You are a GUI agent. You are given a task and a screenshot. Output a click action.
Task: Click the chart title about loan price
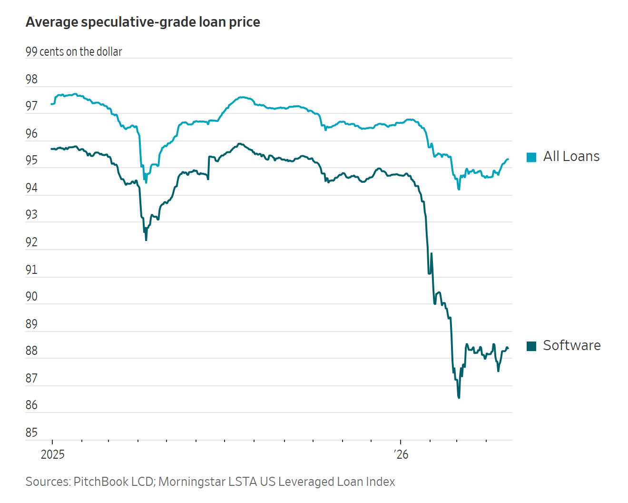pos(143,22)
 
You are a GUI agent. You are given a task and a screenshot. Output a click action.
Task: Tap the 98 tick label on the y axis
pos(31,79)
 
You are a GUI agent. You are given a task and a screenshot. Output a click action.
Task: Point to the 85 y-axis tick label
pos(31,433)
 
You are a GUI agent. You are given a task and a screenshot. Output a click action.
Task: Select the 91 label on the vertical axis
pos(31,270)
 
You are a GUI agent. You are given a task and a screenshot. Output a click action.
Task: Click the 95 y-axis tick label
pos(31,161)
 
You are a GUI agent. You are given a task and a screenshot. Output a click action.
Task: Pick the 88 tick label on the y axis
pos(31,351)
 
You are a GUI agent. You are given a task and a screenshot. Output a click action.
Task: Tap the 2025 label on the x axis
pos(52,454)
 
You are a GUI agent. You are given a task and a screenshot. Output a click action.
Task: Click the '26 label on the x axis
pos(401,454)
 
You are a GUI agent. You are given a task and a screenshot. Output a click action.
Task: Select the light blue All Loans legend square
pos(531,157)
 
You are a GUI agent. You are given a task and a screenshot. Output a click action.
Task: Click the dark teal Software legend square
pos(531,346)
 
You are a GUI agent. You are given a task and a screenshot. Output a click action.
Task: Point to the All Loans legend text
pos(571,157)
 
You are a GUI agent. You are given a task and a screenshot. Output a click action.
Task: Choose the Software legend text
pos(572,345)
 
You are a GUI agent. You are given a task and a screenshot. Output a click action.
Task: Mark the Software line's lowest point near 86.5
pos(459,397)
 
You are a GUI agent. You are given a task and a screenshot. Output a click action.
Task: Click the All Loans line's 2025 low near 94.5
pos(146,182)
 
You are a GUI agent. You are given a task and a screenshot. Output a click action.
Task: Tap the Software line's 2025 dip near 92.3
pos(146,240)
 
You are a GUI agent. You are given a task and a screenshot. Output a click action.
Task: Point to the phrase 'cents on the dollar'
pos(81,52)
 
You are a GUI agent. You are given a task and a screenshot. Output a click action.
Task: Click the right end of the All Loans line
pos(508,159)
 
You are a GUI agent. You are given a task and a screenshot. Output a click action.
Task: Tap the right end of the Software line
pos(508,348)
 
